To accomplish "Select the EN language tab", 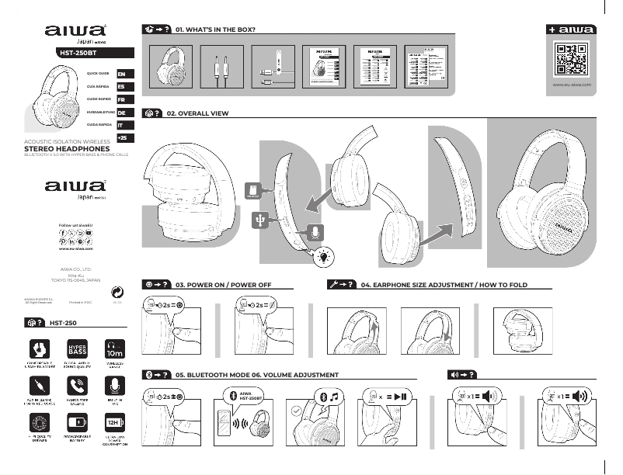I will click(121, 73).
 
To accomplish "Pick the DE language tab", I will click(121, 113).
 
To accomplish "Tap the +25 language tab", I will click(121, 137).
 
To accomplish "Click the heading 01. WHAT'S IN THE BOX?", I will click(216, 29).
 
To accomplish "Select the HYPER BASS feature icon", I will click(77, 348).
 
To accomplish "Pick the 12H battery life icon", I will click(114, 423).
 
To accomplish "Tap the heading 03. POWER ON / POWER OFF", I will click(223, 286).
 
